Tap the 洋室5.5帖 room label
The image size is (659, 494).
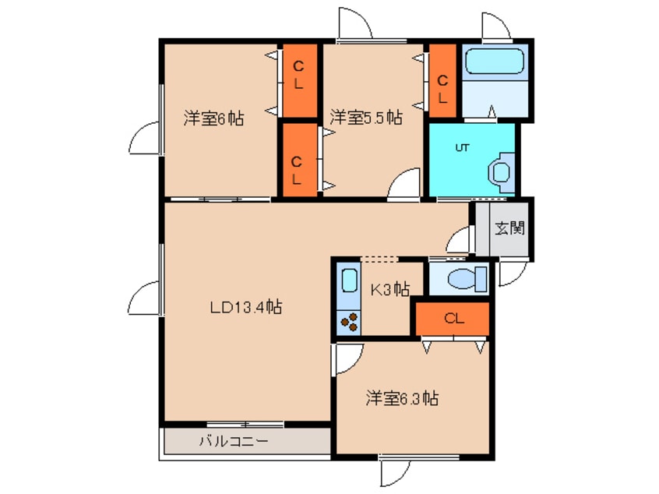click(365, 118)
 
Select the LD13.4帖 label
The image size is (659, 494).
click(245, 308)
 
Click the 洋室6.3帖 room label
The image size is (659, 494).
click(402, 399)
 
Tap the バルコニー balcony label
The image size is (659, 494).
click(233, 441)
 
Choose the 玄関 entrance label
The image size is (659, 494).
click(510, 228)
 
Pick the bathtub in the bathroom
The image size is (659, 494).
click(495, 61)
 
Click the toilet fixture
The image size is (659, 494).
click(467, 277)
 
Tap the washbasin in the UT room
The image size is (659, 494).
click(500, 171)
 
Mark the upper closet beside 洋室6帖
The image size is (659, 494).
click(298, 78)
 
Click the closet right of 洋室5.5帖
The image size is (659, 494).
click(442, 80)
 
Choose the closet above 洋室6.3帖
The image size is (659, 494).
click(452, 318)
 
